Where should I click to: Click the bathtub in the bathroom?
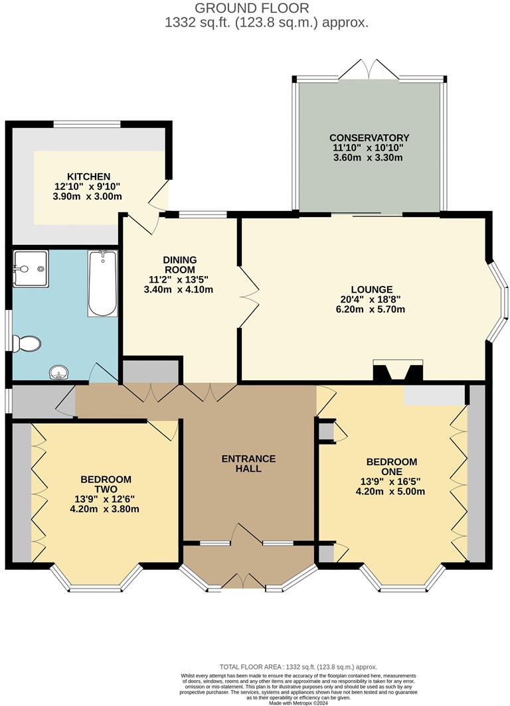102,283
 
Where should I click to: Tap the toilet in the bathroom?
27,344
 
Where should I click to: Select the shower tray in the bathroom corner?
31,269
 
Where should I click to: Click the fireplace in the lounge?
398,372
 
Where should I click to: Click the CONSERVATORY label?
370,137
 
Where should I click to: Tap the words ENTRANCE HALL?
248,463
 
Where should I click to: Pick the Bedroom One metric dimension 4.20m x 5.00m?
391,492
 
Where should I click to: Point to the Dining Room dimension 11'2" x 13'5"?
180,280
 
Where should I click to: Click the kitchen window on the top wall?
87,123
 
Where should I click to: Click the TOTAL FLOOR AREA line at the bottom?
298,667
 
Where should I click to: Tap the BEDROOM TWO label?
106,484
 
